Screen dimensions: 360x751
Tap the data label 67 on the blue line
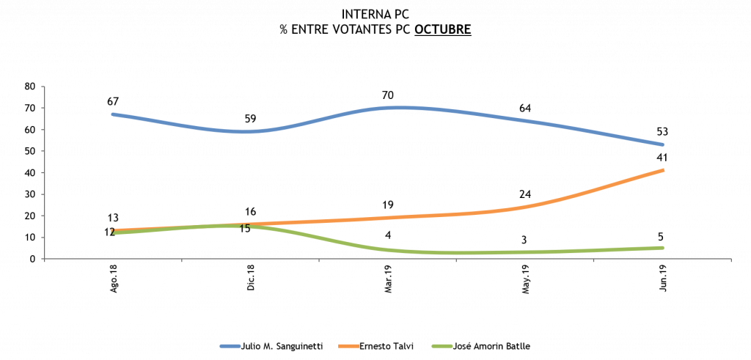(112, 101)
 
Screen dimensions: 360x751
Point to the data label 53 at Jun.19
(663, 132)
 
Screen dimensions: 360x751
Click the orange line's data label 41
(663, 158)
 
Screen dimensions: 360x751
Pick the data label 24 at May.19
(525, 194)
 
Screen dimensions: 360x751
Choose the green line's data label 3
(525, 240)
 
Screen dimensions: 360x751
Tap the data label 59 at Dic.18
(250, 119)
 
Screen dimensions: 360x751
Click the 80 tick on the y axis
(30, 87)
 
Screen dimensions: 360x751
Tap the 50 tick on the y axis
(30, 151)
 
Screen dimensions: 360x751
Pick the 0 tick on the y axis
(33, 259)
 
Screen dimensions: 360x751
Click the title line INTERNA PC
(375, 14)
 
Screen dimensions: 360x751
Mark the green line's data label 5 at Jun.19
(663, 236)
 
